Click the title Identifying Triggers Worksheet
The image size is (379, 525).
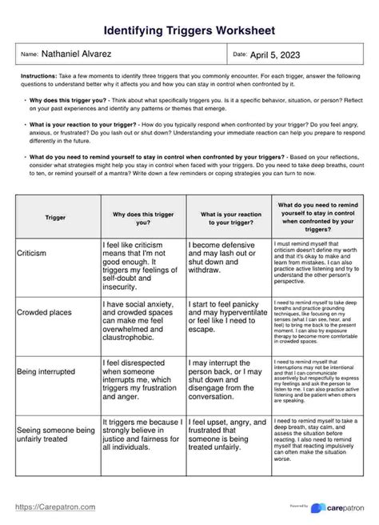click(x=189, y=30)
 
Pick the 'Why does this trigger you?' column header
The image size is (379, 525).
click(x=142, y=217)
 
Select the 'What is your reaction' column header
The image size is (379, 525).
click(x=227, y=217)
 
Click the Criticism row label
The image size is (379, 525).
click(x=32, y=252)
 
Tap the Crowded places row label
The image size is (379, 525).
click(x=44, y=314)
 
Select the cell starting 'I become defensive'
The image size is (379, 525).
click(x=227, y=257)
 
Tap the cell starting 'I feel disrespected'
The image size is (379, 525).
click(x=142, y=376)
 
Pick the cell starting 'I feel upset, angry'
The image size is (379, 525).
click(x=227, y=437)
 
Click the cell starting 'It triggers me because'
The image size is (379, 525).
click(x=142, y=437)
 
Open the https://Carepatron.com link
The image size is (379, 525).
click(x=55, y=507)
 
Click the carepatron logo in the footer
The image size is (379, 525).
click(x=340, y=507)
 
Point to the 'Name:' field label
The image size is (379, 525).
click(x=29, y=54)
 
